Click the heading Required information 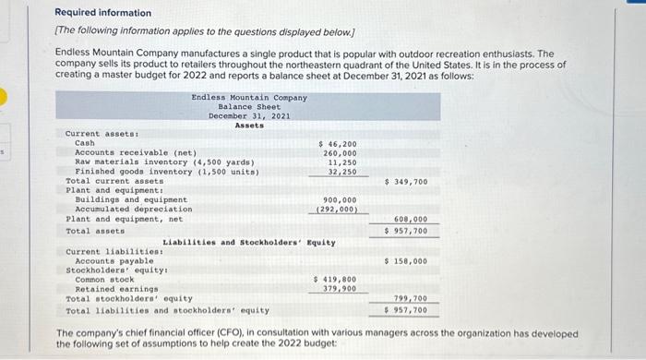pos(102,13)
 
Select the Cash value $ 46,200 pos(338,143)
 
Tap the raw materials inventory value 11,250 pos(342,162)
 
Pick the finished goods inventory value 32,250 pos(342,171)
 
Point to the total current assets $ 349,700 pos(405,182)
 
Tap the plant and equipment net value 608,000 pos(410,220)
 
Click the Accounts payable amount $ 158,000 pos(405,261)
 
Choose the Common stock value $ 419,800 pos(335,279)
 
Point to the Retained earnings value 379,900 pos(338,288)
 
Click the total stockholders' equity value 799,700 pos(410,298)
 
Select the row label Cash pos(85,143)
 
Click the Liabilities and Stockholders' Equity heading pos(249,243)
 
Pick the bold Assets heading pos(249,125)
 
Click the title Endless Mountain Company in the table pos(249,97)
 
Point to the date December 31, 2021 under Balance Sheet pos(249,115)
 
